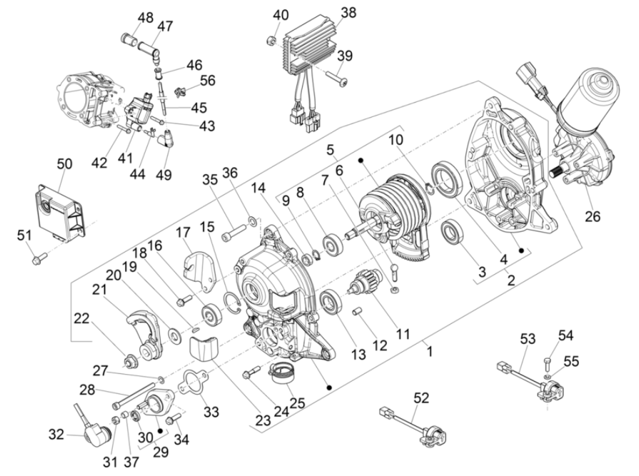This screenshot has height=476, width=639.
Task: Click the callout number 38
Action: tap(348, 13)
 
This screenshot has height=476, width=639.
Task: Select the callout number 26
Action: tap(592, 217)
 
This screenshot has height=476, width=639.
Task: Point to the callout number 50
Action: tap(64, 165)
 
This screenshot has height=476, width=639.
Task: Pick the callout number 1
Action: tap(429, 352)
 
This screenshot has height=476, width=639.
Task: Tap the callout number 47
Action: tap(165, 26)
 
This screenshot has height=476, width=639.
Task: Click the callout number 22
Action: tap(82, 319)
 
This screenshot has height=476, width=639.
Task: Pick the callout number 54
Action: tap(566, 336)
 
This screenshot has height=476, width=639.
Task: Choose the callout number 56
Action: tap(207, 81)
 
